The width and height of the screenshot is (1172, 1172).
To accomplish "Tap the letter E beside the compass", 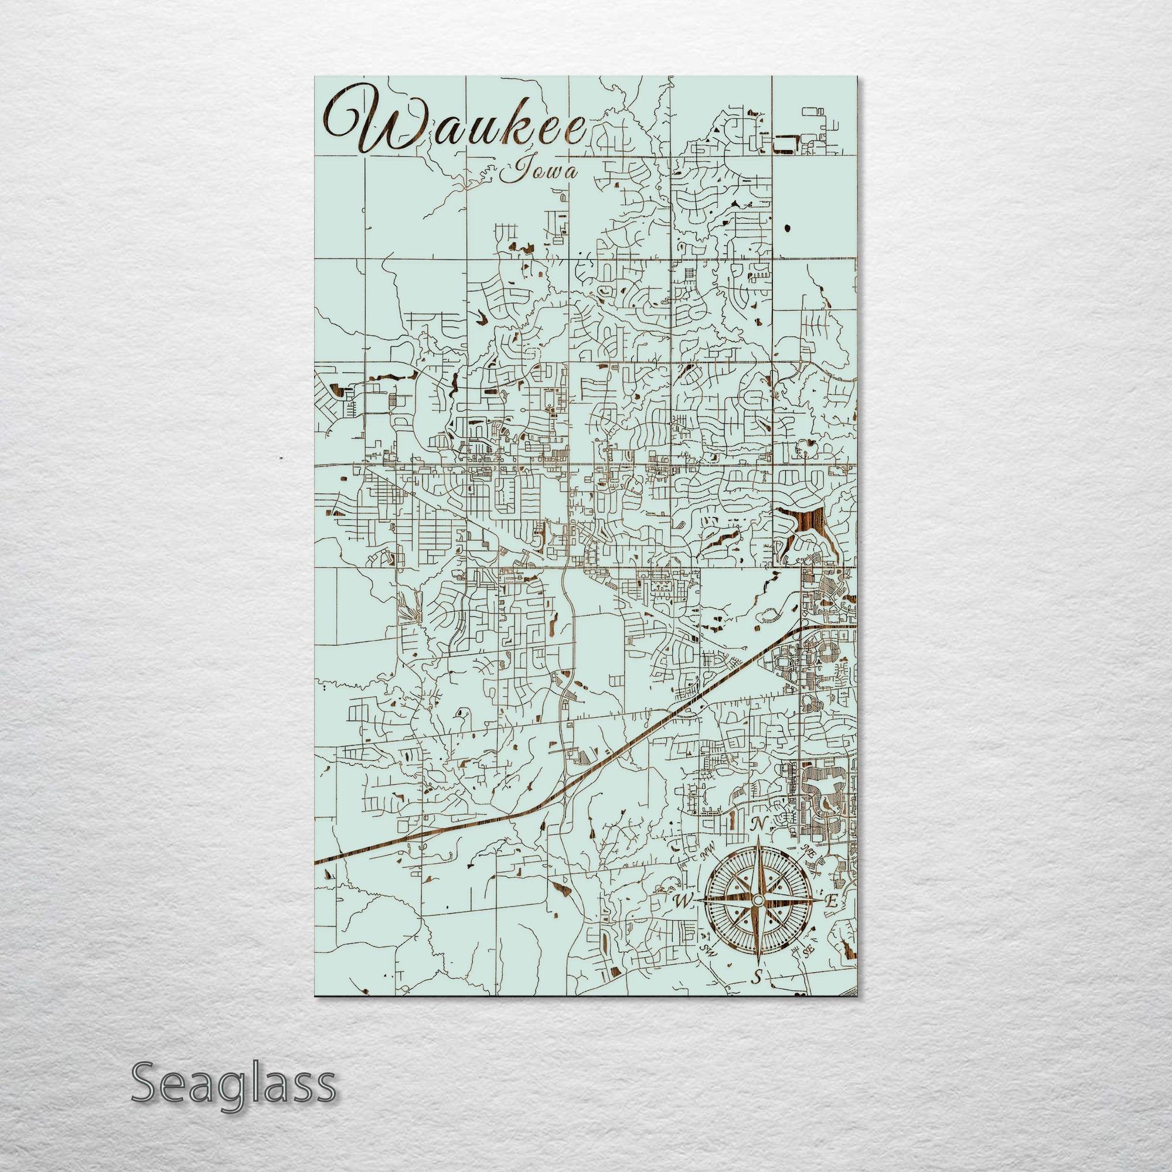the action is pyautogui.click(x=832, y=918).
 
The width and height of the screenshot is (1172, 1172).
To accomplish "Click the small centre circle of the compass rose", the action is pyautogui.click(x=757, y=917).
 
